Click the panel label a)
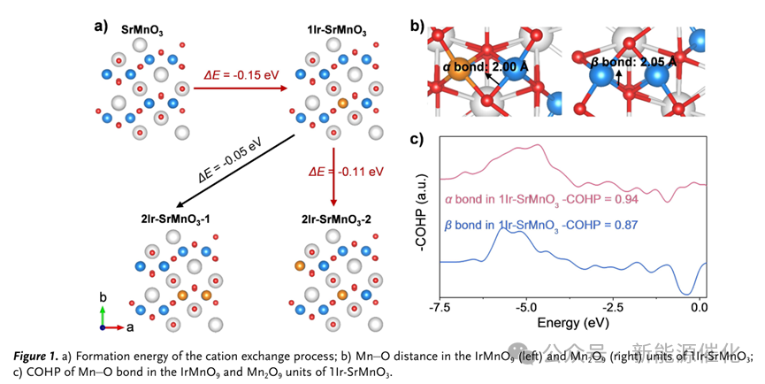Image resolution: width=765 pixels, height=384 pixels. (101, 25)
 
